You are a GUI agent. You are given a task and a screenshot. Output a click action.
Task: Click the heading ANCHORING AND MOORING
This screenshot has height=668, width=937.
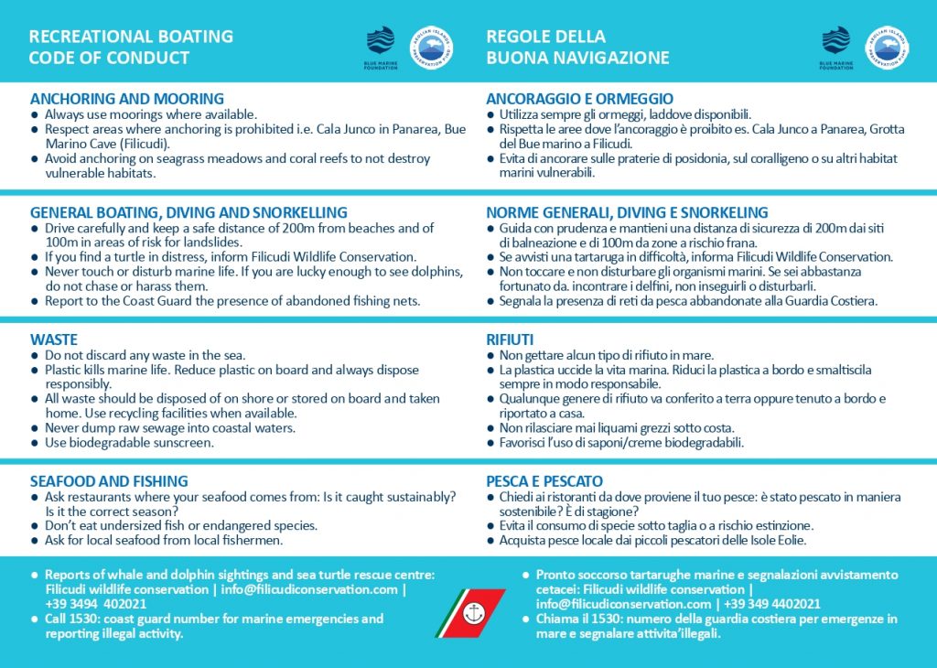(x=126, y=99)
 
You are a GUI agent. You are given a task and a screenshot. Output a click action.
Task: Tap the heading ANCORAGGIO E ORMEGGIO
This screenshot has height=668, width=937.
(x=579, y=99)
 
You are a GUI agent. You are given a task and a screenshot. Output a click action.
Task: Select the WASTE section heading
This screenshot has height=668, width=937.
(x=54, y=339)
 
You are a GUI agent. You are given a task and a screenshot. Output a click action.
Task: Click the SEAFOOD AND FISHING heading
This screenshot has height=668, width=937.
(x=109, y=481)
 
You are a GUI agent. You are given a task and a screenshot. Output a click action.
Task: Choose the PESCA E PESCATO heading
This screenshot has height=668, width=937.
(x=544, y=481)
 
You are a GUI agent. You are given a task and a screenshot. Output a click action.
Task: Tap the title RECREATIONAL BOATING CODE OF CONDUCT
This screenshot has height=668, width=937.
(x=131, y=48)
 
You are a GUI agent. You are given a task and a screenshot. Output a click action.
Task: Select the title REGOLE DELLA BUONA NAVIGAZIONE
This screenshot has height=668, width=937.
(x=577, y=48)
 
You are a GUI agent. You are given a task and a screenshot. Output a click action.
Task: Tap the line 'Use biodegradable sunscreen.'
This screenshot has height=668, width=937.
(x=129, y=443)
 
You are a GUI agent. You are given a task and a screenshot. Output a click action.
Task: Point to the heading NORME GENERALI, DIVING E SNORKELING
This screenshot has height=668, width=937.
(x=627, y=213)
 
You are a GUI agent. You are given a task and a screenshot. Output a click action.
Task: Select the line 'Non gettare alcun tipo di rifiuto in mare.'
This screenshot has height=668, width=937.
(x=606, y=355)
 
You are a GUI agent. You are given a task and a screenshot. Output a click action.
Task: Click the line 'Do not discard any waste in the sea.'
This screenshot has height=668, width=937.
(x=145, y=355)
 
